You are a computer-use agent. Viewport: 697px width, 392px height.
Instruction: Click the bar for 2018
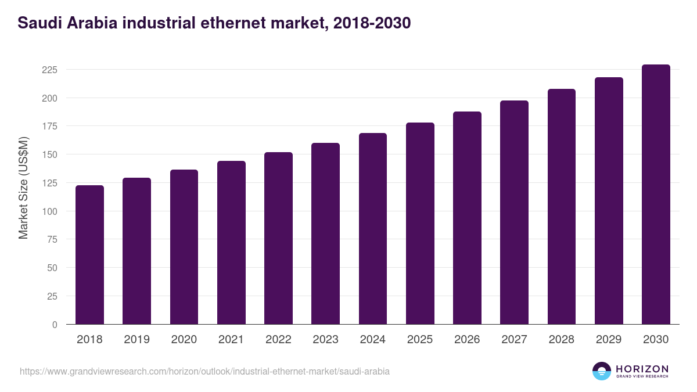coord(89,255)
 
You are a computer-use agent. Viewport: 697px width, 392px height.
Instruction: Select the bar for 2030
coord(656,195)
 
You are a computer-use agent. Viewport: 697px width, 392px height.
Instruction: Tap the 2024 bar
coord(373,229)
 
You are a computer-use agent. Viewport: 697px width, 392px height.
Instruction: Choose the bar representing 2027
coord(514,213)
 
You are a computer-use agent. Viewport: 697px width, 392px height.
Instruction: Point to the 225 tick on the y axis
coord(50,70)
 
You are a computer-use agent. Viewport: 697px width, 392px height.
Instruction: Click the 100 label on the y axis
coord(50,211)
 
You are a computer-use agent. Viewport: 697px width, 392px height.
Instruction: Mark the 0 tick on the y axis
coord(55,325)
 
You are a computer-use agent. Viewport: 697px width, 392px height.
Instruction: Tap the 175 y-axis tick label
coord(50,126)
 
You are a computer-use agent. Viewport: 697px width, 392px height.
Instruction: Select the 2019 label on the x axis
coord(136,340)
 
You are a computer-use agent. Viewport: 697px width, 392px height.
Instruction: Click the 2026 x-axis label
coord(467,340)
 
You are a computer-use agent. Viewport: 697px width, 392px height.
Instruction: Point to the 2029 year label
coord(609,340)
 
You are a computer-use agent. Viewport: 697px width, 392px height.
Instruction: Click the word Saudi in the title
coord(37,23)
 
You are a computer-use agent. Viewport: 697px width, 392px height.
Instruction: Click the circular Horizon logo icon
coord(602,371)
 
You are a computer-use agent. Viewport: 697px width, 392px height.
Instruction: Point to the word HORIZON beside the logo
coord(642,368)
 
